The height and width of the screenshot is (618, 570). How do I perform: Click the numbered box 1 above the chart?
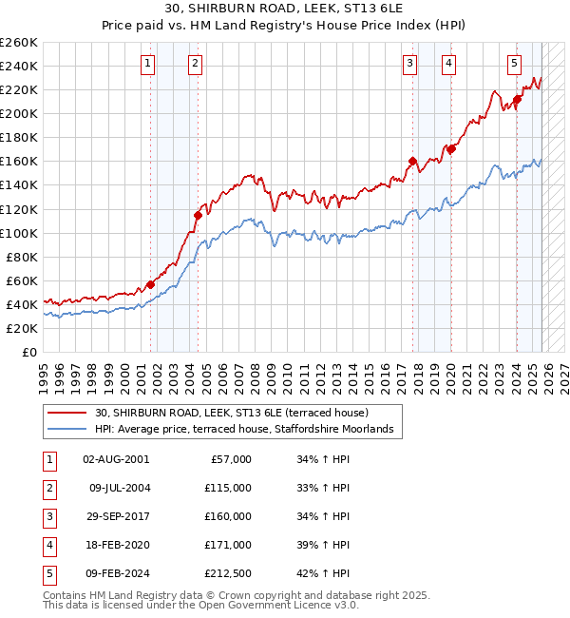(x=149, y=64)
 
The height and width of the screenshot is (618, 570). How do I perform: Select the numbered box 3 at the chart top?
(x=409, y=64)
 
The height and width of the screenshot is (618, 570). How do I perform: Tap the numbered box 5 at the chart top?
(x=514, y=64)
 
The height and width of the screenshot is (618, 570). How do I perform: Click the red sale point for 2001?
(x=151, y=284)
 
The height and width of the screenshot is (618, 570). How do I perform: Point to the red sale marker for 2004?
(x=198, y=215)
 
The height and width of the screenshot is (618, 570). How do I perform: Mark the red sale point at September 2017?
(x=413, y=161)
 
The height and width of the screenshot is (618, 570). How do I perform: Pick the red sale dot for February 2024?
(x=517, y=99)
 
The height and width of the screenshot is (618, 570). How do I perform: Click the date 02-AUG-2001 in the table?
(x=115, y=459)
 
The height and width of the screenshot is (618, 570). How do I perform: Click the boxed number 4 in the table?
(x=48, y=545)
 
